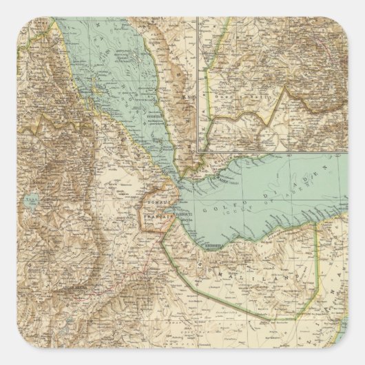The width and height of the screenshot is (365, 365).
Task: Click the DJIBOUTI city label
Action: click(180, 213)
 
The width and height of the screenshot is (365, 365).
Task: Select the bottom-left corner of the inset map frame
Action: click(198, 151)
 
